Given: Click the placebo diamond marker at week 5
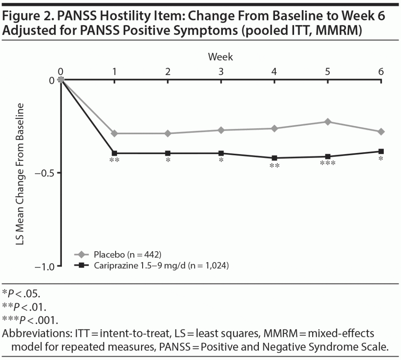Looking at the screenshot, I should [328, 122].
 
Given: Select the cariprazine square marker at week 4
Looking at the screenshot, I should [275, 158].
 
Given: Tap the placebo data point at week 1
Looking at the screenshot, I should [114, 133].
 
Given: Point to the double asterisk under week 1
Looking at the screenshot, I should [114, 160].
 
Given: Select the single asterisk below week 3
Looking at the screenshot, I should [221, 160].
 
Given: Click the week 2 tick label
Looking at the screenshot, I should [168, 72].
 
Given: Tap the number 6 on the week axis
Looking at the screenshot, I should [381, 72].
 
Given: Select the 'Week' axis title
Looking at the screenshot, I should [220, 57].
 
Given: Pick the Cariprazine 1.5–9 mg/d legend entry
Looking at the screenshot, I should [161, 266].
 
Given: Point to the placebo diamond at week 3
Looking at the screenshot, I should [221, 130].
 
